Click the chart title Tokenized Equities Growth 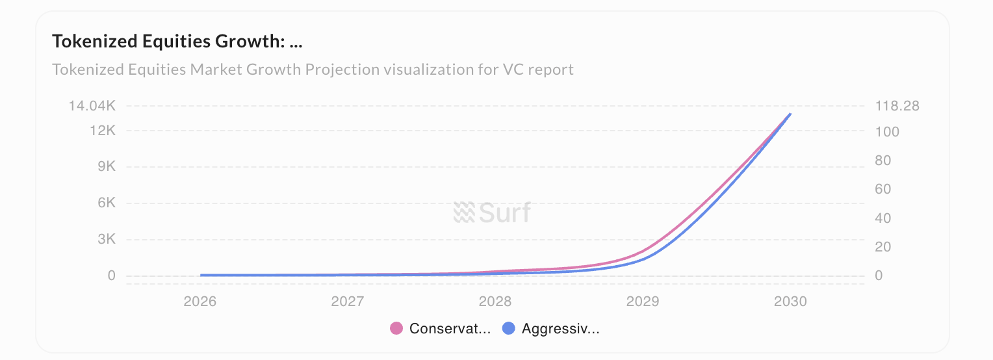tap(177, 42)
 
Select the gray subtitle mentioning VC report tap(313, 69)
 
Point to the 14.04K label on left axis tap(92, 106)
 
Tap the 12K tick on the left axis tap(103, 131)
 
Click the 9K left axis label tap(107, 167)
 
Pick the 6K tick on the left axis tap(107, 203)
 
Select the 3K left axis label tap(107, 239)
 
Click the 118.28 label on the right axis tap(897, 106)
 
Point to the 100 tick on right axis tap(888, 132)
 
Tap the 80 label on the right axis tap(884, 161)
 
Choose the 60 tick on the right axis tap(884, 189)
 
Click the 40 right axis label tap(884, 218)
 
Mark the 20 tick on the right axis tap(884, 247)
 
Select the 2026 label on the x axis tap(200, 302)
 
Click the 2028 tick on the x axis tap(495, 302)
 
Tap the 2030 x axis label tap(790, 302)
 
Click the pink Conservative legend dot tap(396, 329)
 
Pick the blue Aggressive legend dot tap(509, 329)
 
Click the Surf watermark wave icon tap(464, 212)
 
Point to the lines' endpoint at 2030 tap(790, 114)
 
